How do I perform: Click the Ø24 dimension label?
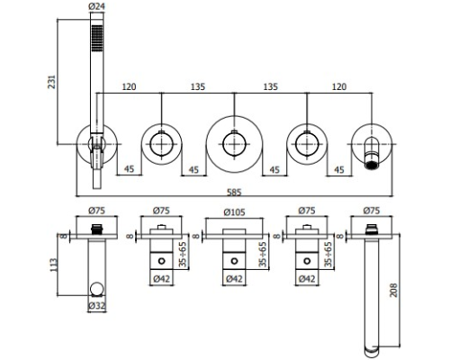97,6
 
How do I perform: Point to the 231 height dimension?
51,82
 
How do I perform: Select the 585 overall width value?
234,193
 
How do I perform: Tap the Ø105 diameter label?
234,212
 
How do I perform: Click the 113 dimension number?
52,265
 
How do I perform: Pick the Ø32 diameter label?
97,306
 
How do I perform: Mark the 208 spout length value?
393,290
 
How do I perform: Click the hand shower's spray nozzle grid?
97,38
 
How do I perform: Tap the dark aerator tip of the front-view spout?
373,166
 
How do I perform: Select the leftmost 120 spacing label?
129,86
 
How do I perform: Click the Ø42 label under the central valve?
234,279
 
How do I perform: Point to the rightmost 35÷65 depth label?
328,254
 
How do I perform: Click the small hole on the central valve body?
234,261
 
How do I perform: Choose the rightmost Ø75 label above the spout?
372,211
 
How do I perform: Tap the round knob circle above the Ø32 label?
97,289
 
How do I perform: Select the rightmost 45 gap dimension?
339,170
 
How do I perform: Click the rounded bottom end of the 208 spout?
372,352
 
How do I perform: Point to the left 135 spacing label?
198,86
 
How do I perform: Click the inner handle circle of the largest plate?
234,144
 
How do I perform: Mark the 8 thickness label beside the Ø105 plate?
195,236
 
